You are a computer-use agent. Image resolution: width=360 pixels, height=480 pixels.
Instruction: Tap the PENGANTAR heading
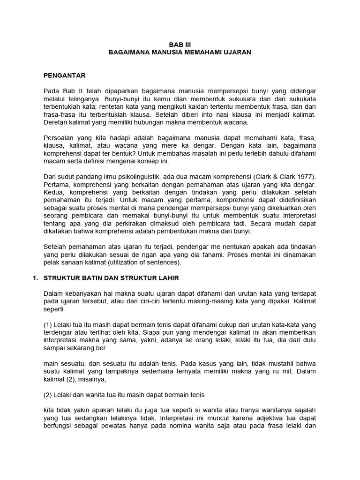click(65, 75)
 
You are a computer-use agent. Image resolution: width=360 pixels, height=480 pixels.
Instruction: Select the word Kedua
click(52, 192)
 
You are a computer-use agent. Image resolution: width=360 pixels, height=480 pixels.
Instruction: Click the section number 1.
click(35, 278)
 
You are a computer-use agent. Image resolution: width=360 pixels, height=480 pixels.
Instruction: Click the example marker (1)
click(48, 324)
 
